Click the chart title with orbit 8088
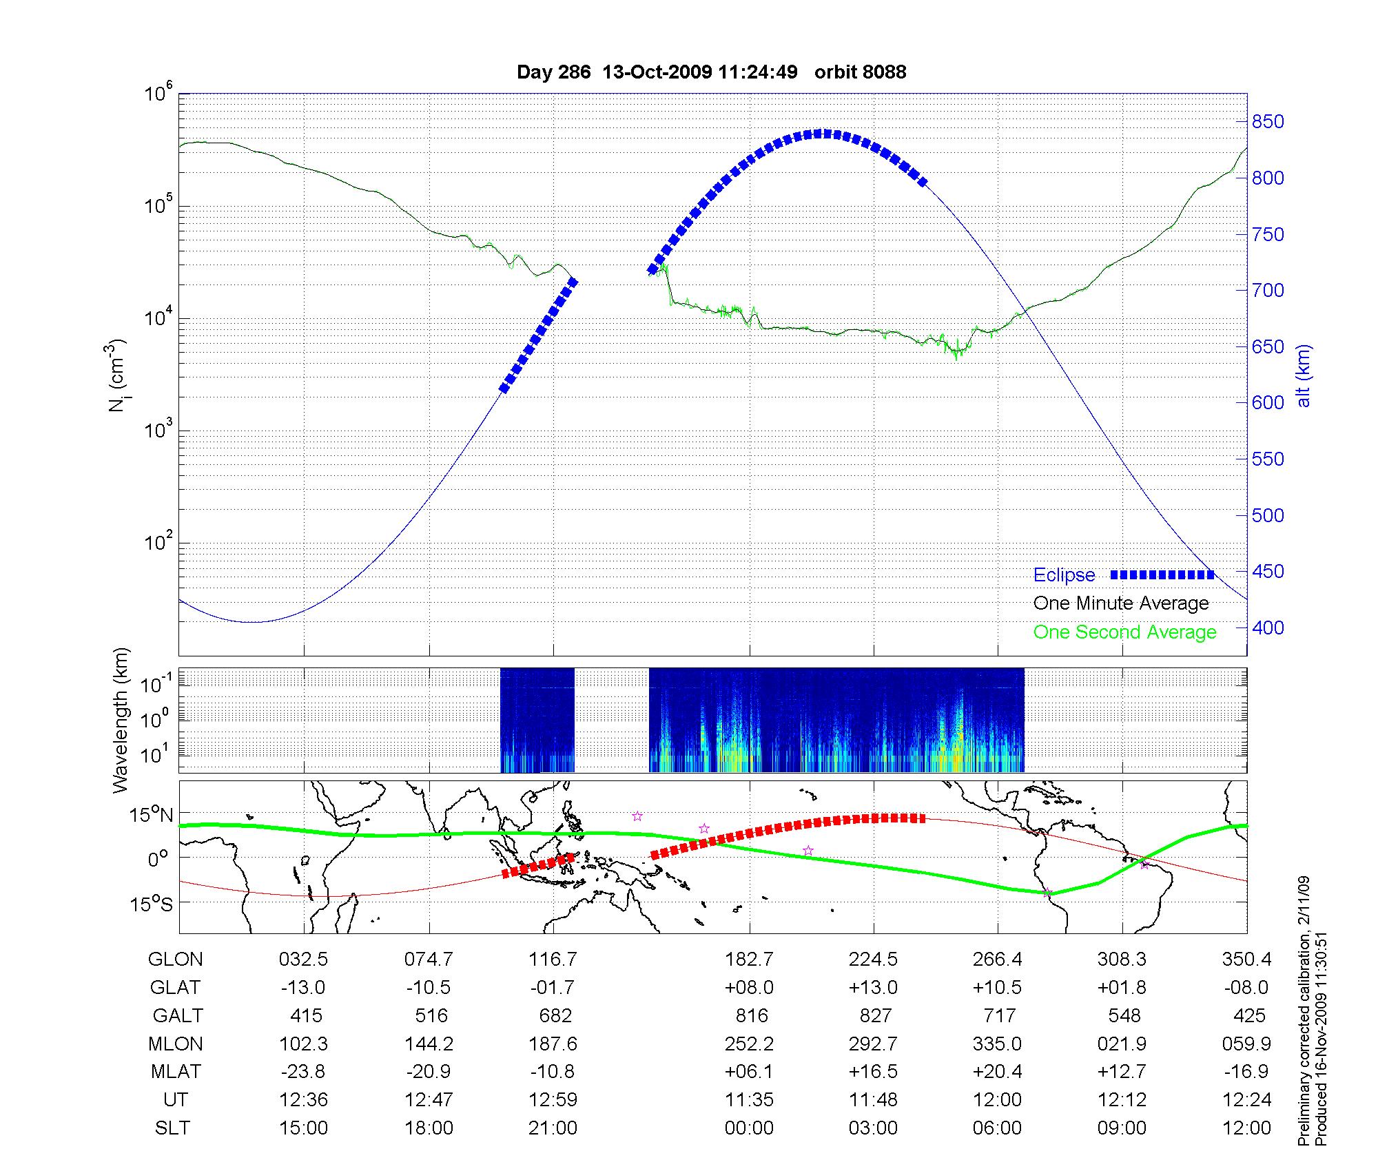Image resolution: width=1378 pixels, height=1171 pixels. (711, 72)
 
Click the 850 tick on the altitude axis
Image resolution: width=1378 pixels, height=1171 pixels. (1268, 122)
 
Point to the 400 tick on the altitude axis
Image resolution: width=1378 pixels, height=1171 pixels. (1268, 628)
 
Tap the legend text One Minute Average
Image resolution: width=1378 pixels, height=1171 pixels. (1121, 603)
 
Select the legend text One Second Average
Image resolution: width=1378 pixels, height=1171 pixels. (1124, 632)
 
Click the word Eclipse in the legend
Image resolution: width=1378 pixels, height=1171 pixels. (1064, 575)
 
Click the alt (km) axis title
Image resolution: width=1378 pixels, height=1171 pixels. (1304, 375)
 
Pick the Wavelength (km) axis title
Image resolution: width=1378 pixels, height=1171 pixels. (121, 721)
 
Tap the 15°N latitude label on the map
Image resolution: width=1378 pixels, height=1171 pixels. (152, 816)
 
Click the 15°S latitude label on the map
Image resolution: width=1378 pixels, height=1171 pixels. (152, 904)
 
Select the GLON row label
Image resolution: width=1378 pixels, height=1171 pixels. (176, 960)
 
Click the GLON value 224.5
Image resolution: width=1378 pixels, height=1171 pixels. (873, 960)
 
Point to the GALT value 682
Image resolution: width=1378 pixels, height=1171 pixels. (555, 1016)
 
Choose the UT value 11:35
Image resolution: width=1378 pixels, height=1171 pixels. (749, 1100)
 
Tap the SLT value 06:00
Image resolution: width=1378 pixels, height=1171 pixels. (997, 1128)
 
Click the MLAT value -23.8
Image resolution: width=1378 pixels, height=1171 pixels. (303, 1072)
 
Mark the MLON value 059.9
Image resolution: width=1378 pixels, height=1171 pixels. (1246, 1044)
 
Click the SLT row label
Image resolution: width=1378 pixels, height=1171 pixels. (172, 1128)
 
